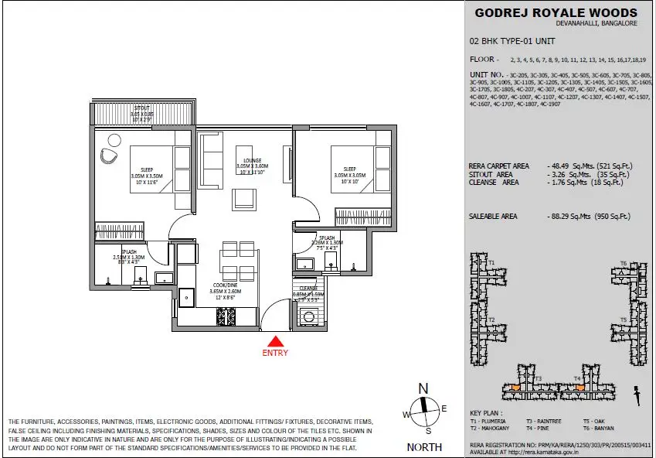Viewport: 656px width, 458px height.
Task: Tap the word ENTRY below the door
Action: click(x=275, y=354)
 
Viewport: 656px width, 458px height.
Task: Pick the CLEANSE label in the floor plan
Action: click(x=308, y=289)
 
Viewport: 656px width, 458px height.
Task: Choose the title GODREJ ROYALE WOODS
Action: click(x=556, y=12)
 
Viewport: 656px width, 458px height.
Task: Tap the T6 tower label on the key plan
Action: click(x=623, y=263)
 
